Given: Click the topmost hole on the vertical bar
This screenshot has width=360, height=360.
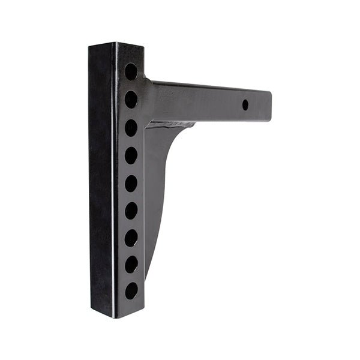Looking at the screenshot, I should point(131,71).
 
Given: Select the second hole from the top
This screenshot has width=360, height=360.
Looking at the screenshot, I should point(131,99).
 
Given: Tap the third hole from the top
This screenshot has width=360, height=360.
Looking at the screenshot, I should point(131,127).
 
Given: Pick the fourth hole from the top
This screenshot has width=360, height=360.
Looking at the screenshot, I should point(131,155).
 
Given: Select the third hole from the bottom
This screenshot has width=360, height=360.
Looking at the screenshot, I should point(131,238).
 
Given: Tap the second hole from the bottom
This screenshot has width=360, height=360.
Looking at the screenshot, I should point(131,264).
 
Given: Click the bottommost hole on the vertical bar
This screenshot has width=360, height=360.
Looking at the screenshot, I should point(131,291).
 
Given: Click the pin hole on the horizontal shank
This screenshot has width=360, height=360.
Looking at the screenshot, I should point(245,104).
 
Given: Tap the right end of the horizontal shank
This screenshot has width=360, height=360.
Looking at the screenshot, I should point(268,106).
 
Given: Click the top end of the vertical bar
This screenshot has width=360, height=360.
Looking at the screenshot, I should point(116,46).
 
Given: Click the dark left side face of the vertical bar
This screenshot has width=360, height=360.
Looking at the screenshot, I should point(101,180).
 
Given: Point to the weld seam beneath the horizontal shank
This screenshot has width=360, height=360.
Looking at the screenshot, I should point(171,125).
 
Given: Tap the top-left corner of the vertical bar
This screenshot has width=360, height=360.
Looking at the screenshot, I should point(90,46).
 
